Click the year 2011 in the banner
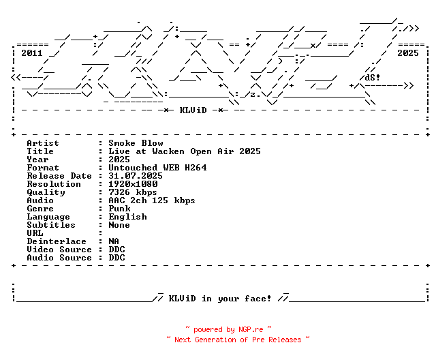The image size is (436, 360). tap(31, 52)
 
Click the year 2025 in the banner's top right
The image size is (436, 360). tap(407, 52)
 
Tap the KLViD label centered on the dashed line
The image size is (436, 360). tap(193, 110)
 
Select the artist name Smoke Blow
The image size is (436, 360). tap(136, 143)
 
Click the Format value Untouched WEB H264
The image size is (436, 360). tap(157, 168)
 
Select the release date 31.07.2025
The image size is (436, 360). tap(136, 176)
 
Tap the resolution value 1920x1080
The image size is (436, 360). tap(133, 184)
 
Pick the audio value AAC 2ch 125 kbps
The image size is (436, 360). tap(152, 200)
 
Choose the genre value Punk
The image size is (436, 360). tap(119, 209)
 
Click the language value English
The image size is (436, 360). tap(127, 217)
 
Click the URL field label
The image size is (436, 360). tap(35, 233)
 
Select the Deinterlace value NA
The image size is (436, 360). tap(114, 241)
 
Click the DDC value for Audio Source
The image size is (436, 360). tap(116, 258)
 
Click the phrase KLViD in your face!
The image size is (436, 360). tap(220, 299)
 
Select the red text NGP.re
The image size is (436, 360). tap(251, 329)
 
